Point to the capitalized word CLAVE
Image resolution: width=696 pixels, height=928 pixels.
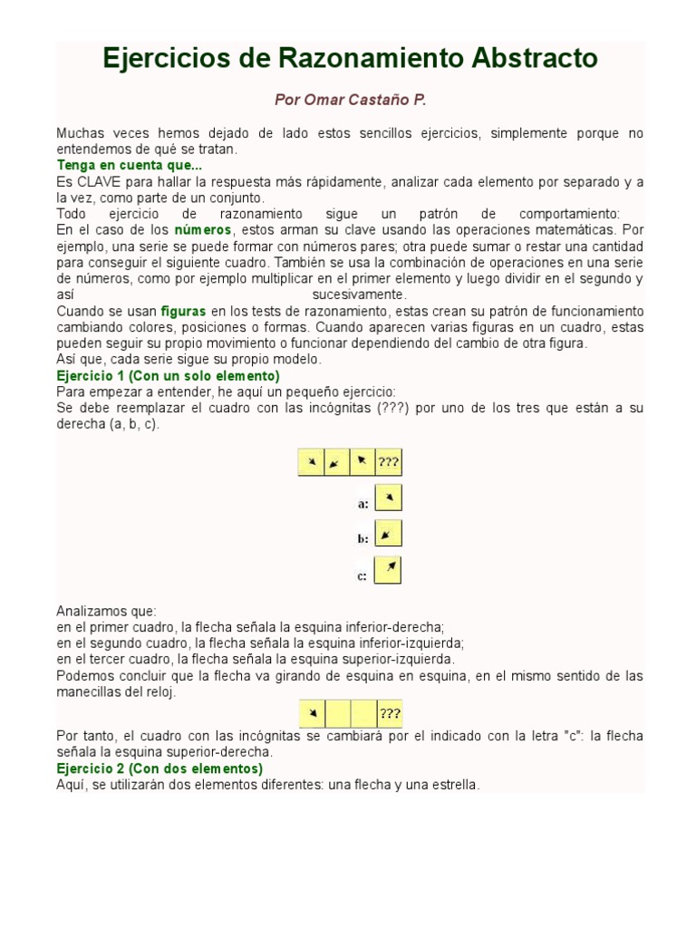tap(95, 181)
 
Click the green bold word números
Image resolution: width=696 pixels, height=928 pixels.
tap(202, 230)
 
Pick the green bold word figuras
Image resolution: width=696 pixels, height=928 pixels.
tap(183, 311)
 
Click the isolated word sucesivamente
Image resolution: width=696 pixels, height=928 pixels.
tap(360, 295)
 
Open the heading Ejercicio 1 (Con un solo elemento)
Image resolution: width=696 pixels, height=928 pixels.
tap(168, 375)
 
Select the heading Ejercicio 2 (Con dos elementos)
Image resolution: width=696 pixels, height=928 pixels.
tap(159, 768)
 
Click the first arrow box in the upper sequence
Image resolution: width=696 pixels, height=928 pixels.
tap(311, 462)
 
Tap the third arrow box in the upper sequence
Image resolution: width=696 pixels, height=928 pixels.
tap(362, 462)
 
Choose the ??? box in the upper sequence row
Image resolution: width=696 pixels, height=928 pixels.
tap(389, 462)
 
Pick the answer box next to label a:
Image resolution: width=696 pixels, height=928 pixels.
tap(388, 498)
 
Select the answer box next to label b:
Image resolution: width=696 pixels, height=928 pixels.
tap(388, 535)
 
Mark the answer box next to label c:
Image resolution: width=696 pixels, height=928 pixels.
tap(388, 571)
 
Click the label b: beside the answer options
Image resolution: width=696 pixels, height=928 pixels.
tap(362, 538)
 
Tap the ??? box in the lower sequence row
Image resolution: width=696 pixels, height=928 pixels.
tap(390, 713)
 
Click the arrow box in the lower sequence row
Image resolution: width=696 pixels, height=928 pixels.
tap(312, 713)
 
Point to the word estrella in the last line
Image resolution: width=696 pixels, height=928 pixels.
tap(452, 785)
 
